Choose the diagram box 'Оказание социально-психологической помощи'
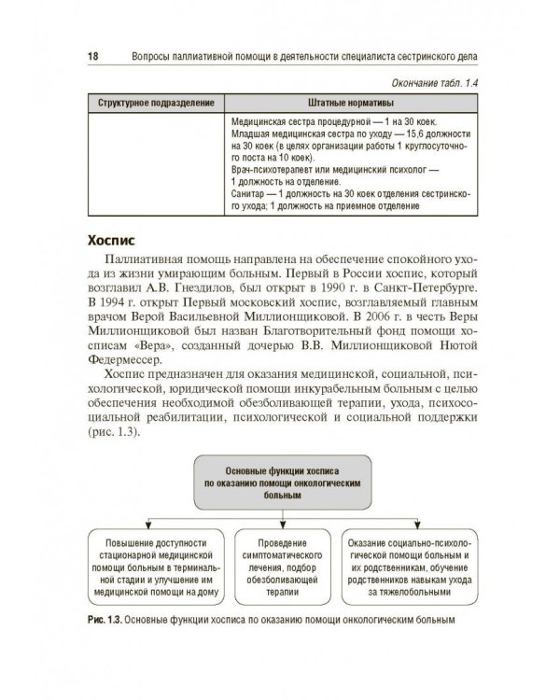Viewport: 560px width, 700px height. tap(411, 566)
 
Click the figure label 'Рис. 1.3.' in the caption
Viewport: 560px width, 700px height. tap(99, 618)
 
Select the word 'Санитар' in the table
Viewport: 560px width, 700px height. tap(245, 197)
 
